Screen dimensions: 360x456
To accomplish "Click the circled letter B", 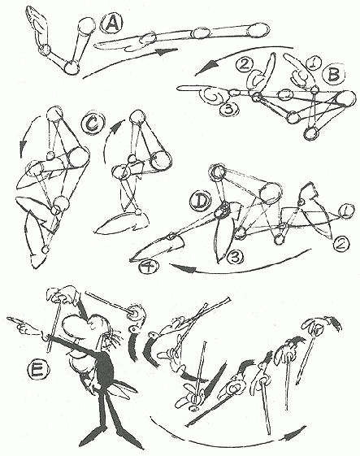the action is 333,75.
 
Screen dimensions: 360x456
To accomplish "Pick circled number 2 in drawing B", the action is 245,64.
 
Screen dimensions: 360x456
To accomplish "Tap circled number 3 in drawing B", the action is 229,109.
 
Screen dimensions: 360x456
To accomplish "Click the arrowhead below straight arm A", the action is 166,51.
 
